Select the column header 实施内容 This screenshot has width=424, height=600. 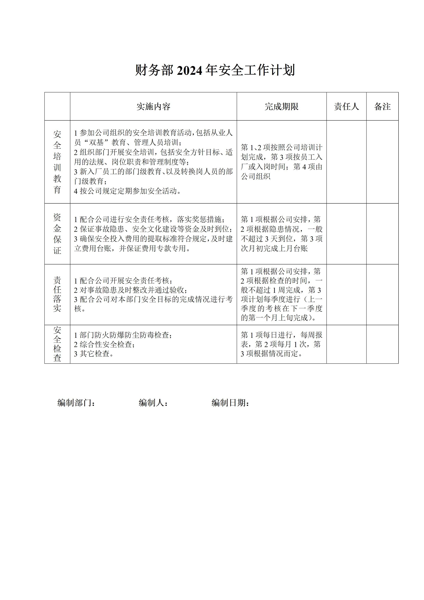point(153,107)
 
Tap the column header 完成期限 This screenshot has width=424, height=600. point(281,107)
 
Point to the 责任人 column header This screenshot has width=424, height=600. point(346,107)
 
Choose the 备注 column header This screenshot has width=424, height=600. point(382,107)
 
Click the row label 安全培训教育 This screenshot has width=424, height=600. point(57,162)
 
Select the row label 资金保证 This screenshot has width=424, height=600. point(57,234)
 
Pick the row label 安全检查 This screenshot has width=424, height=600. point(57,344)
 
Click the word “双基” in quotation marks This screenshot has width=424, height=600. point(95,143)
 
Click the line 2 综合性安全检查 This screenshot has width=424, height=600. point(104,344)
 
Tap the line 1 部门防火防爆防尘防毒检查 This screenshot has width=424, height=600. point(123,335)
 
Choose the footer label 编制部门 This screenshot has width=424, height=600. point(76,403)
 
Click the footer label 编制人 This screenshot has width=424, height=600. point(153,403)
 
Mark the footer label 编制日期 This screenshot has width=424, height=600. point(230,403)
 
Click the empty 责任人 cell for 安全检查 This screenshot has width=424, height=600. point(346,344)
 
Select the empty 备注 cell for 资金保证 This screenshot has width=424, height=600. point(382,234)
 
